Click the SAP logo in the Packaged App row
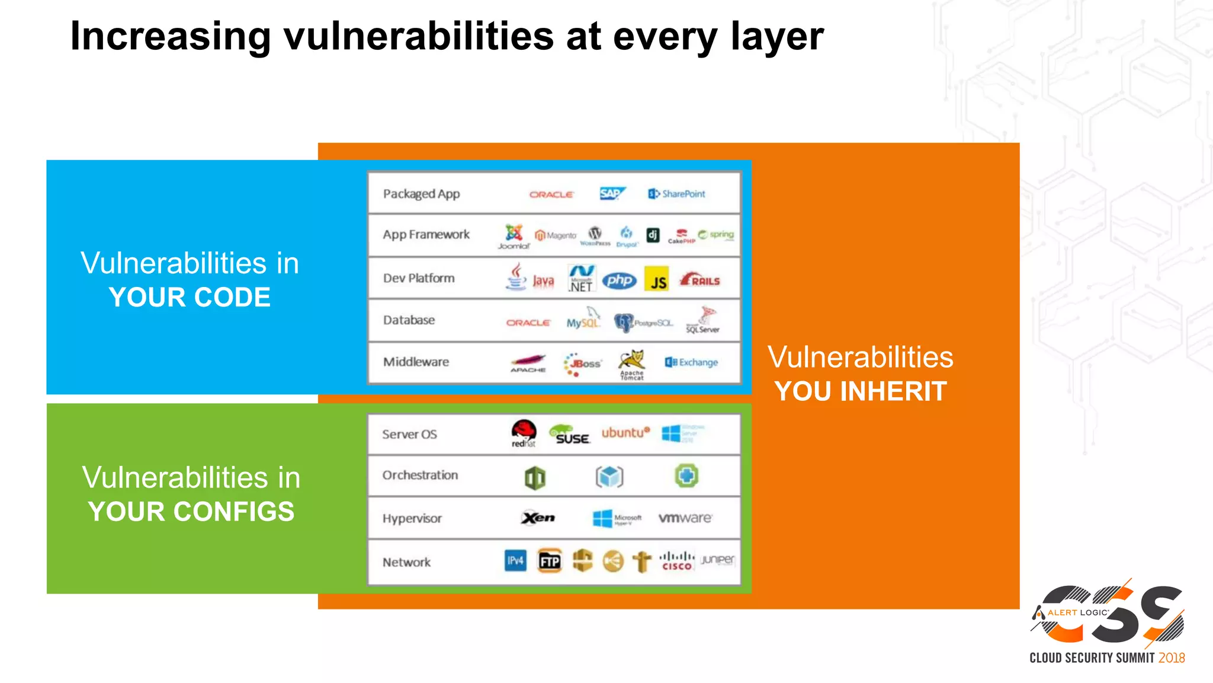[x=612, y=194]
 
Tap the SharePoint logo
[x=677, y=194]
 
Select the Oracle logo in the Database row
[x=528, y=323]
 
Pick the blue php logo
[x=619, y=280]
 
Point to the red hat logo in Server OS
[x=524, y=433]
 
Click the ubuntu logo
[x=625, y=433]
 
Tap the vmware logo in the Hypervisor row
[x=685, y=518]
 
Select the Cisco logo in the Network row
[x=676, y=560]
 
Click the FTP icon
[x=550, y=560]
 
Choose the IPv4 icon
[x=515, y=560]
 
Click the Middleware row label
[x=416, y=362]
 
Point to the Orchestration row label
[x=420, y=475]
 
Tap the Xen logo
[x=538, y=518]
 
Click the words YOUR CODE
[x=190, y=297]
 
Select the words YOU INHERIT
[x=861, y=391]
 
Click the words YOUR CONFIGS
[x=191, y=511]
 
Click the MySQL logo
[x=583, y=321]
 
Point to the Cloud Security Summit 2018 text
[x=1106, y=658]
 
